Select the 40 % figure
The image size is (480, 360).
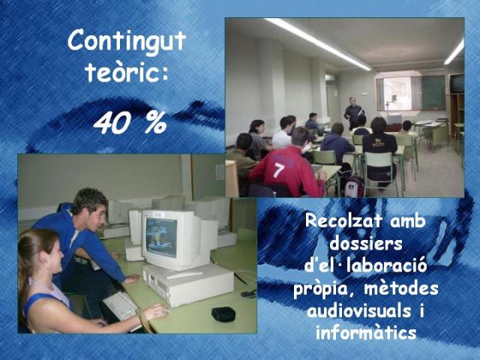tap(130, 122)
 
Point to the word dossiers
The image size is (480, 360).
tap(366, 244)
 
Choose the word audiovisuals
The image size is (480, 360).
tap(358, 310)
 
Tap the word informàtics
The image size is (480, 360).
tap(366, 332)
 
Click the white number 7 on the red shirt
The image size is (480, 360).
tap(278, 170)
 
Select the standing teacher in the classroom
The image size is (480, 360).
tap(353, 113)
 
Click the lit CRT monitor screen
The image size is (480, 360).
tap(161, 236)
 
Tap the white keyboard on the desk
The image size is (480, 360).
tap(121, 306)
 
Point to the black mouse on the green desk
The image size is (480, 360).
tap(223, 313)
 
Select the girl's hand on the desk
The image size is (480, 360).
tap(157, 312)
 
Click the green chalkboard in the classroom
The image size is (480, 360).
tap(433, 92)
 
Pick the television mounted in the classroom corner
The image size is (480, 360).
tap(457, 82)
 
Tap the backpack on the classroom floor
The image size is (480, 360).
tap(354, 187)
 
